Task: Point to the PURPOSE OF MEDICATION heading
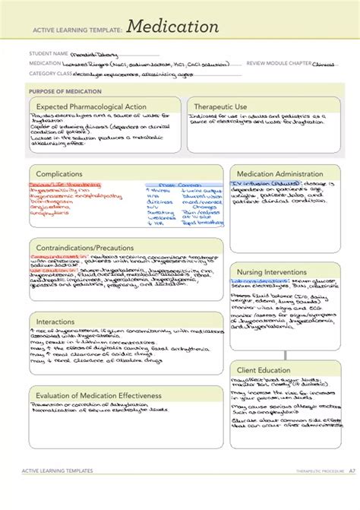pos(61,90)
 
